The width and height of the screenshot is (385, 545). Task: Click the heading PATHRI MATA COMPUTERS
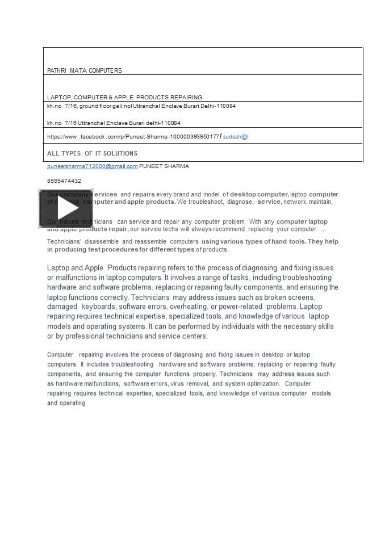point(84,70)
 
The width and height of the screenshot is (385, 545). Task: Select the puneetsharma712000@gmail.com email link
point(92,166)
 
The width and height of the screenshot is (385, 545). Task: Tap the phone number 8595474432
point(64,181)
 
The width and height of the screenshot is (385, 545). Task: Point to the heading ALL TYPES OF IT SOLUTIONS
point(92,153)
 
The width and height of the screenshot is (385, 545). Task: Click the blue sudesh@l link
point(236,137)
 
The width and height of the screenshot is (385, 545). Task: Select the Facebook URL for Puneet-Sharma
point(133,137)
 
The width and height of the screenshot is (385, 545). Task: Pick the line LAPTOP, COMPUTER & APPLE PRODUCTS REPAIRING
point(124,97)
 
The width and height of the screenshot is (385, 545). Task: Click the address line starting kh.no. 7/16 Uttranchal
point(114,123)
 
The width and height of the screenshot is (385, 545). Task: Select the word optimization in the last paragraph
point(262,383)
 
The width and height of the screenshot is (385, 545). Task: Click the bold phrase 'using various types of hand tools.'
point(254,241)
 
